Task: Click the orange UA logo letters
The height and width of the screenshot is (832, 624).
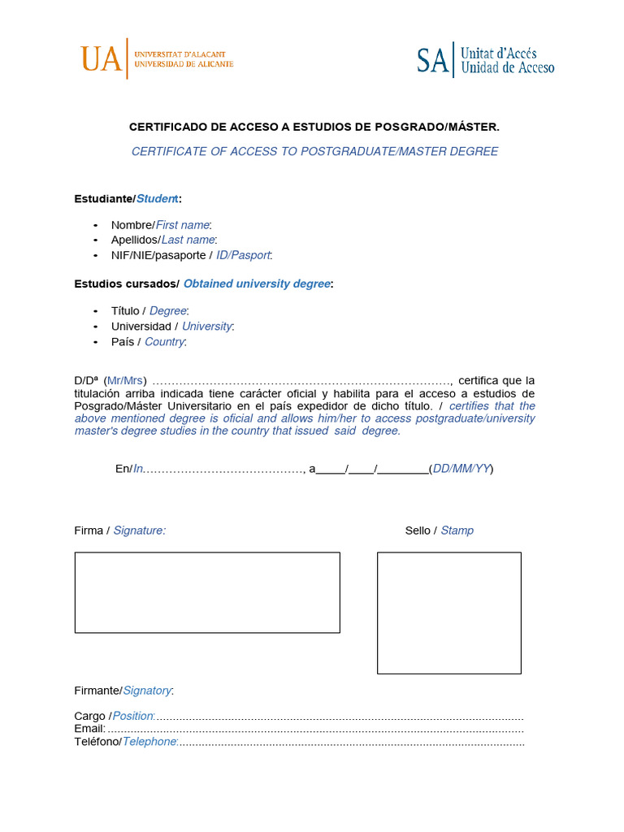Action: tap(101, 58)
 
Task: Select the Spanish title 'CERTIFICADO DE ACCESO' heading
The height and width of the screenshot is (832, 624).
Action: tap(314, 127)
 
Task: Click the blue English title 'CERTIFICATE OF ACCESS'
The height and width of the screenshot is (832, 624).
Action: tap(314, 151)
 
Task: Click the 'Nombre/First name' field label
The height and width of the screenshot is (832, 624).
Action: tap(161, 224)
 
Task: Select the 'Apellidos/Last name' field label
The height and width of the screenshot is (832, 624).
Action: tap(164, 240)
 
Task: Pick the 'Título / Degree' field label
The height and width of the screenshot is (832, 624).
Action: tap(149, 310)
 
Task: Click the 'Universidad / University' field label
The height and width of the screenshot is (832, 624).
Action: tap(172, 326)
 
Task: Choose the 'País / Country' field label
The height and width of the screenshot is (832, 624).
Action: tap(149, 341)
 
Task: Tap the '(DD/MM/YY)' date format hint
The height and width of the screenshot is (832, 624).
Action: tap(461, 469)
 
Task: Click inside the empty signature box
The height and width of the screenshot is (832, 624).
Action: tap(207, 592)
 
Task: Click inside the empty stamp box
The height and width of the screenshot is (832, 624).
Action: tap(448, 613)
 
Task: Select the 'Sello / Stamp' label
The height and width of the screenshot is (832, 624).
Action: tap(439, 531)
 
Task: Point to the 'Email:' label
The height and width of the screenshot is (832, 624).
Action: tap(89, 729)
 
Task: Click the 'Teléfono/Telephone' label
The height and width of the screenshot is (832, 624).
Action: tap(126, 742)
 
